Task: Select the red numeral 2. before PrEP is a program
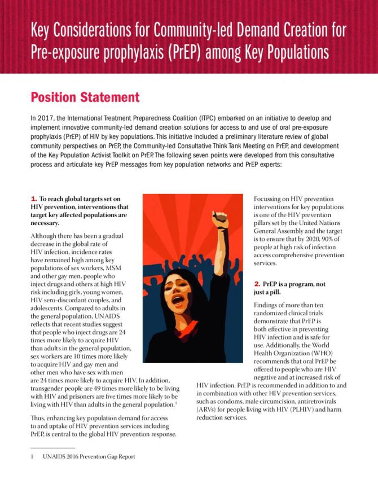(x=257, y=284)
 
